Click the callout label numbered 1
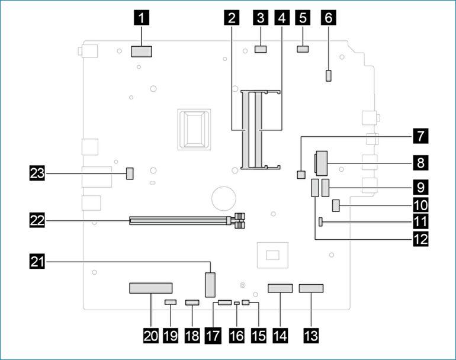pos(141,18)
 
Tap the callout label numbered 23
pos(37,173)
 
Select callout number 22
pos(37,221)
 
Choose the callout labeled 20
pos(150,336)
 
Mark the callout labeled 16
pos(236,336)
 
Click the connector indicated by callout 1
pos(141,52)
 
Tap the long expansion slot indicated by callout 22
pos(180,222)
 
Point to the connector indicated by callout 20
pos(150,289)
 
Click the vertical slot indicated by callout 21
pos(210,285)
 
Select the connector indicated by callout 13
pos(311,289)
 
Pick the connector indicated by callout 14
pos(280,289)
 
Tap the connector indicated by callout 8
pos(321,160)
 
